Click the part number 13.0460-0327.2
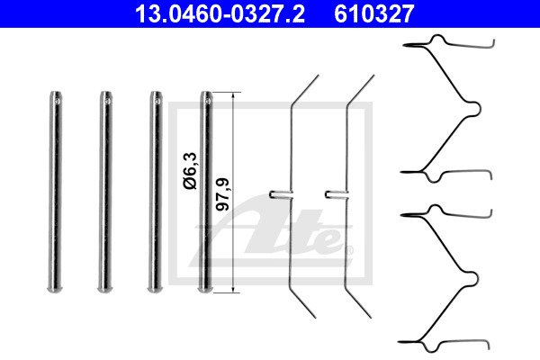[x=220, y=13]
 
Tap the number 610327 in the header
[x=374, y=13]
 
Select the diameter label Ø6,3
[x=190, y=171]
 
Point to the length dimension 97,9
[x=222, y=194]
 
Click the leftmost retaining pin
[x=56, y=192]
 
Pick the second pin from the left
[x=105, y=192]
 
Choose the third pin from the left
[x=156, y=192]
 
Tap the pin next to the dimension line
[x=205, y=192]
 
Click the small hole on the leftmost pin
[x=58, y=101]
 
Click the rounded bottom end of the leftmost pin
[x=56, y=290]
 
